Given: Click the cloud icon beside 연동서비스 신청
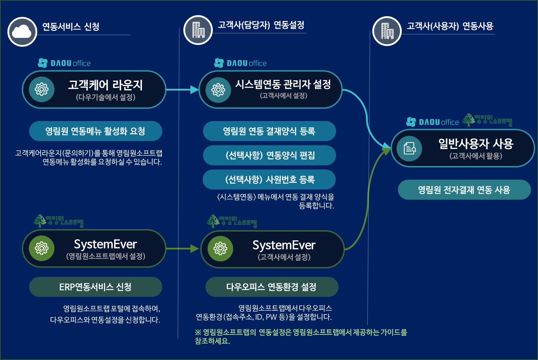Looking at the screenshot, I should pos(22,32).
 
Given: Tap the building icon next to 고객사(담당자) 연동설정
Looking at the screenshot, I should pos(198,30).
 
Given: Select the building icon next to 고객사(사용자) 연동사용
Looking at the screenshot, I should pos(387,31).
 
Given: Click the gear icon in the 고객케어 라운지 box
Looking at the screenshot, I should pos(41,89).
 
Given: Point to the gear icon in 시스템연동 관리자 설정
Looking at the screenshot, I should pos(218,90).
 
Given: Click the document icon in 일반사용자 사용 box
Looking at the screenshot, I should pos(409,148).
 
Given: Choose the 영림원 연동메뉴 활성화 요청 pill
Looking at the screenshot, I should pos(96,131).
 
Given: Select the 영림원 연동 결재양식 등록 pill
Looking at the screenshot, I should pos(269,131).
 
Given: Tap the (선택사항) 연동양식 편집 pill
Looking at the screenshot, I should pos(269,155).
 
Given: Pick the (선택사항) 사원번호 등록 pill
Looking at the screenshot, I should pos(269,180).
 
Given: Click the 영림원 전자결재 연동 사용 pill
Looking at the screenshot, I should pos(464,190).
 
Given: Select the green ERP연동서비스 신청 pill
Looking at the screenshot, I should pos(96,287).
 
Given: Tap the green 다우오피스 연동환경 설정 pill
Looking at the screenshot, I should pos(271,287).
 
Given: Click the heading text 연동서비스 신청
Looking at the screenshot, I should pos(71,27).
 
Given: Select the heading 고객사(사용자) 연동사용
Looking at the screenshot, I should pos(450,26).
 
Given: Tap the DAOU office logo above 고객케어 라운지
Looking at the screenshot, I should pos(65,63).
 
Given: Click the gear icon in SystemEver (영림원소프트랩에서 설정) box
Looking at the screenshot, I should pos(41,248).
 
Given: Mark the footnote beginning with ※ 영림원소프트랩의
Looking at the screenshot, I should pos(301,336).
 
